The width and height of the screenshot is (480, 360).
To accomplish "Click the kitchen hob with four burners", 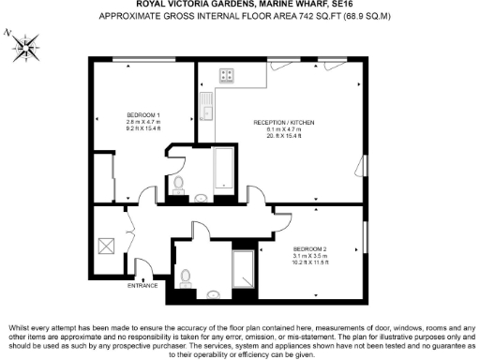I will tap(228, 75).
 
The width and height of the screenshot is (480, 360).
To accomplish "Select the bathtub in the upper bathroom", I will tap(226, 169).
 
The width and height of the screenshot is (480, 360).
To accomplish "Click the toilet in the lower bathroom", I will tap(187, 277).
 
